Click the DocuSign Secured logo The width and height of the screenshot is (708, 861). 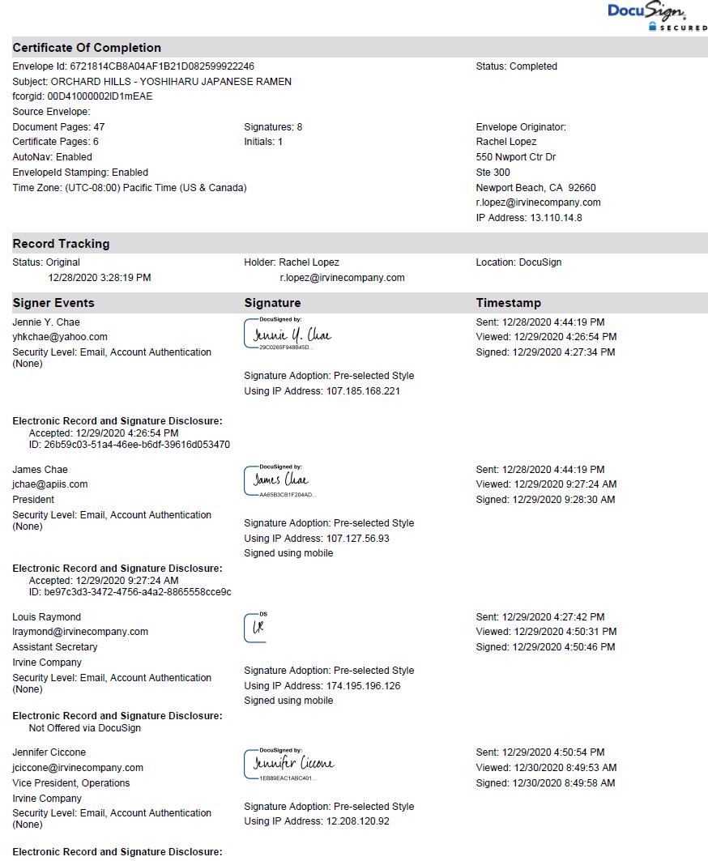(x=656, y=16)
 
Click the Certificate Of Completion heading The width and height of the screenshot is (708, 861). (x=87, y=48)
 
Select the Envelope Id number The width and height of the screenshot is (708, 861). (x=162, y=66)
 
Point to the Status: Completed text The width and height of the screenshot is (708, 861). (x=516, y=66)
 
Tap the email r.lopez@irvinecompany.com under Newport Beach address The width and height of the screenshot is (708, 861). (x=538, y=202)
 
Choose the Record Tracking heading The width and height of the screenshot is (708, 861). (x=61, y=244)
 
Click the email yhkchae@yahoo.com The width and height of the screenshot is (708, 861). (x=60, y=337)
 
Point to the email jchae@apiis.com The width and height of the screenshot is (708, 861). (x=50, y=484)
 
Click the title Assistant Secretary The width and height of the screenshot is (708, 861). (x=55, y=647)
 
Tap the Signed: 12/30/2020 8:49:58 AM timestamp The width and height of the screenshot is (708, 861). (x=545, y=783)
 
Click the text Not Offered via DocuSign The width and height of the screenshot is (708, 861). (x=84, y=728)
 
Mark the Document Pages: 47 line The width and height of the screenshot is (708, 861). (x=58, y=127)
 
